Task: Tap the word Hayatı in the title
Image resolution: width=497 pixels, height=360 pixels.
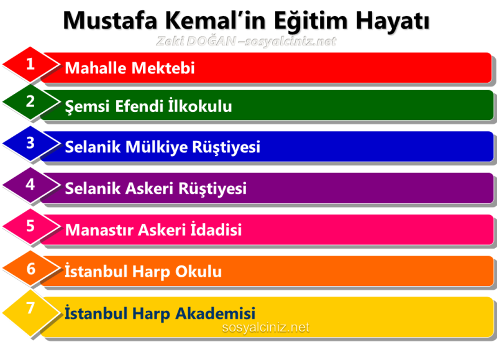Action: coord(392,20)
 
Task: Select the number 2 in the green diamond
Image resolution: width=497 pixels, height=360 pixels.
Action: coord(30,102)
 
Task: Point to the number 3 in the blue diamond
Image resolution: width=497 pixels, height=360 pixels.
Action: coord(30,143)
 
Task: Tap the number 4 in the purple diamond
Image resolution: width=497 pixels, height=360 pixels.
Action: coord(30,184)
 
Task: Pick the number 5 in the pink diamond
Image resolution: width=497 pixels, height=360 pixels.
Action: coord(30,226)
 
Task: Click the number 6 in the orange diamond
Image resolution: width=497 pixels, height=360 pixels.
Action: coord(30,267)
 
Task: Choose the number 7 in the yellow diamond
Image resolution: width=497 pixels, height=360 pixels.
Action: coord(30,308)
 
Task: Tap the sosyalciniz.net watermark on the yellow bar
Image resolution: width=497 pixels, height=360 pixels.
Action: coord(265,328)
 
